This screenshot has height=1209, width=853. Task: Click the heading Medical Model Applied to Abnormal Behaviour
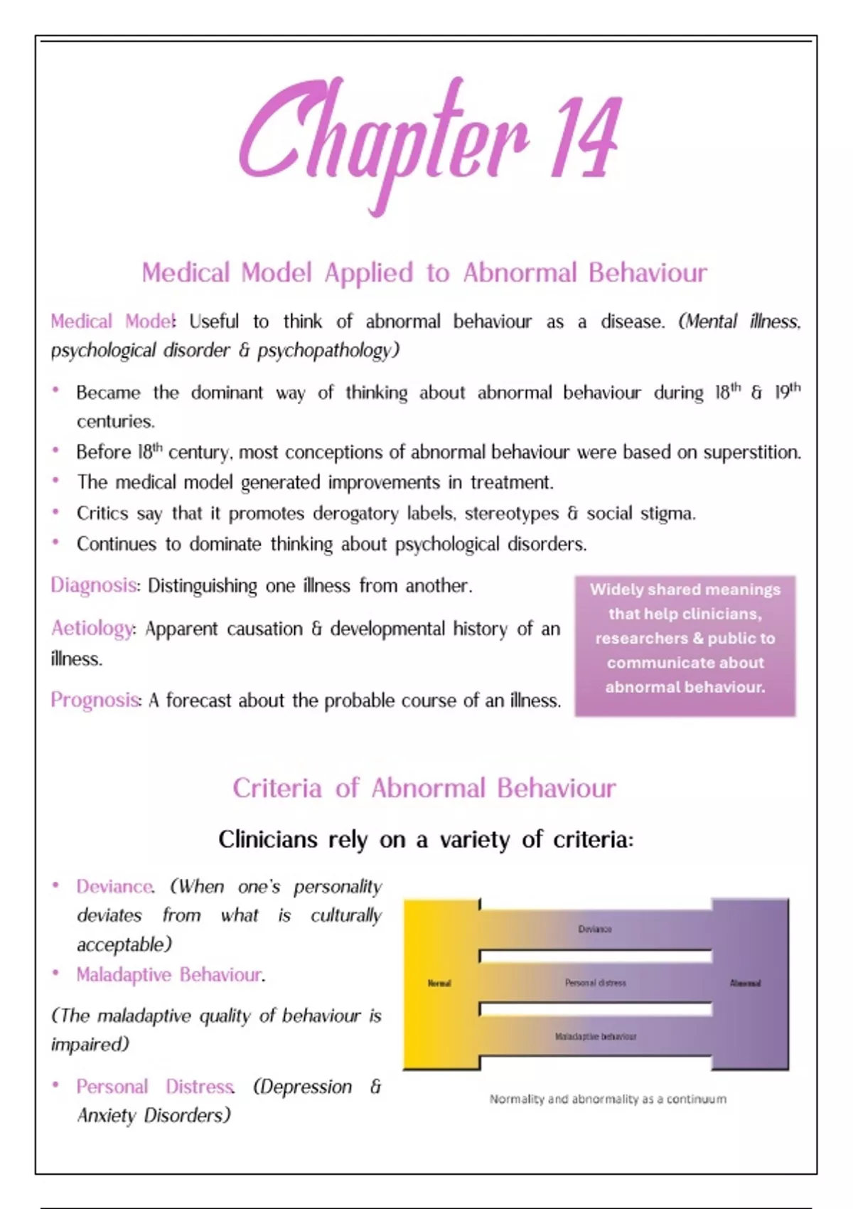424,272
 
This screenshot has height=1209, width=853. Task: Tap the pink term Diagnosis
93,585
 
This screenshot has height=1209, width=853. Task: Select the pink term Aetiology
92,629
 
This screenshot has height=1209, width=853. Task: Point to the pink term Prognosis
95,701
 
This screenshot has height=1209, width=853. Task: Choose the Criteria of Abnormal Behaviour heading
424,788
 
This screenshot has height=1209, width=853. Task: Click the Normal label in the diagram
439,984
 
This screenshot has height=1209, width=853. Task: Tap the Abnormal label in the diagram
745,984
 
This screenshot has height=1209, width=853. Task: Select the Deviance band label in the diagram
595,929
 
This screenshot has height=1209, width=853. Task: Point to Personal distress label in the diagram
595,983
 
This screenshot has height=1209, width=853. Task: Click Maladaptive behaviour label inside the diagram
595,1037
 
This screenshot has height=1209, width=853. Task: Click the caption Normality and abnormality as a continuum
608,1099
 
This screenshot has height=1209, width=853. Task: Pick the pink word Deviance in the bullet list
114,887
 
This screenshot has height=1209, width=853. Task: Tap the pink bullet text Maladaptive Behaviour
169,974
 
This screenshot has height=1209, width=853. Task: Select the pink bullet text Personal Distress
155,1087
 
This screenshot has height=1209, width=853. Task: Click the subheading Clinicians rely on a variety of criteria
426,840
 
